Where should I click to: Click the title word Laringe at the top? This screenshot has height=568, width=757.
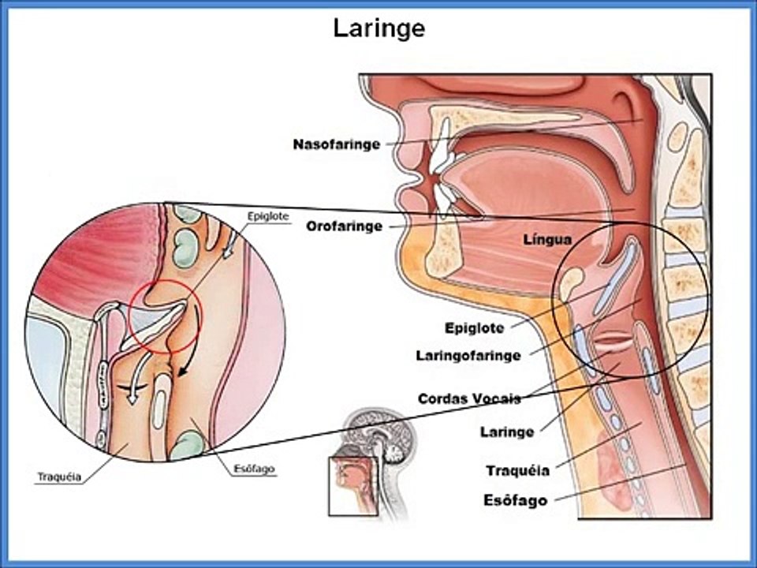click(x=378, y=28)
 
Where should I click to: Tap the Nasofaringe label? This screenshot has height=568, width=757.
click(x=337, y=145)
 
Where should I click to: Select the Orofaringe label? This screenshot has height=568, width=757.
click(x=345, y=226)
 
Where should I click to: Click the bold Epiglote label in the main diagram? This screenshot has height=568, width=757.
click(x=474, y=327)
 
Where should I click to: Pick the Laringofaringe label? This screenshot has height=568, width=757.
click(x=468, y=356)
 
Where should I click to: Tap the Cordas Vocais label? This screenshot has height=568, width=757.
click(x=469, y=398)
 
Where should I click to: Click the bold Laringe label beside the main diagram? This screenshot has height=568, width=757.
click(x=507, y=432)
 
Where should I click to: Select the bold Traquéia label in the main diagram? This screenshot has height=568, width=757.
click(x=517, y=471)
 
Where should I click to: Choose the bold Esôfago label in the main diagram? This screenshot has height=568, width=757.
click(x=515, y=500)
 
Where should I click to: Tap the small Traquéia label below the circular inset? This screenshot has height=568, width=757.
click(x=59, y=477)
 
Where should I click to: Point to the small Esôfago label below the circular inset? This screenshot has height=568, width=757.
click(x=254, y=469)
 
